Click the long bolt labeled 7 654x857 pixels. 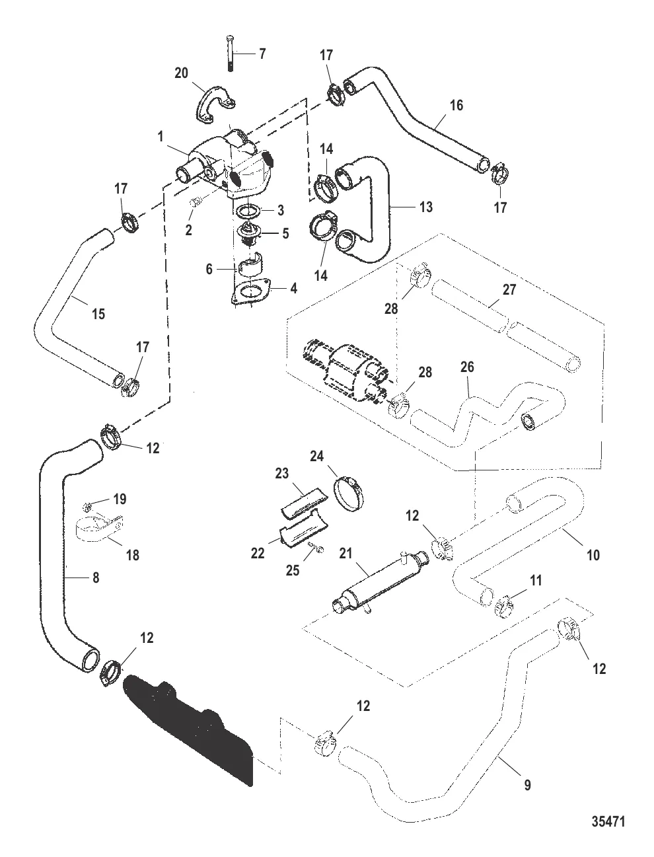229,51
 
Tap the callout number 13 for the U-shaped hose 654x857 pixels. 425,207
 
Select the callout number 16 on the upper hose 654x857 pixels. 456,104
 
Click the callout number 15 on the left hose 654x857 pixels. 98,314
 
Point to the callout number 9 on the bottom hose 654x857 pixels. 527,785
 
